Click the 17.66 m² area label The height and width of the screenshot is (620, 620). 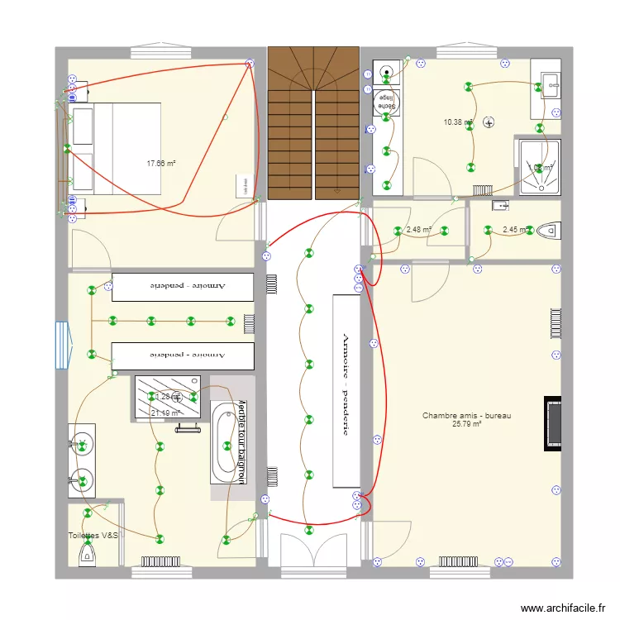click(161, 164)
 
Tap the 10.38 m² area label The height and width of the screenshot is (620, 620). click(457, 122)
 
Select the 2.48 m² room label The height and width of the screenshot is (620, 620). click(419, 230)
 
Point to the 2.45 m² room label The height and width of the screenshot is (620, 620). click(514, 230)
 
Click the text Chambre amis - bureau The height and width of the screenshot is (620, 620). click(466, 416)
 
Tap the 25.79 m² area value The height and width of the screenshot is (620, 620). click(466, 425)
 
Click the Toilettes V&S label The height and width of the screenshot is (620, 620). click(93, 536)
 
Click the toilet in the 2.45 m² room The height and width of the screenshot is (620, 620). click(547, 229)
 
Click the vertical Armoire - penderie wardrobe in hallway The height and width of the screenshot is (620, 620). click(346, 390)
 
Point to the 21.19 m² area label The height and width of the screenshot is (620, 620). click(165, 413)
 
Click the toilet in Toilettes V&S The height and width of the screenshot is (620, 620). click(86, 558)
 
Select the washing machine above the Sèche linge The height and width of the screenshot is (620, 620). click(386, 73)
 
